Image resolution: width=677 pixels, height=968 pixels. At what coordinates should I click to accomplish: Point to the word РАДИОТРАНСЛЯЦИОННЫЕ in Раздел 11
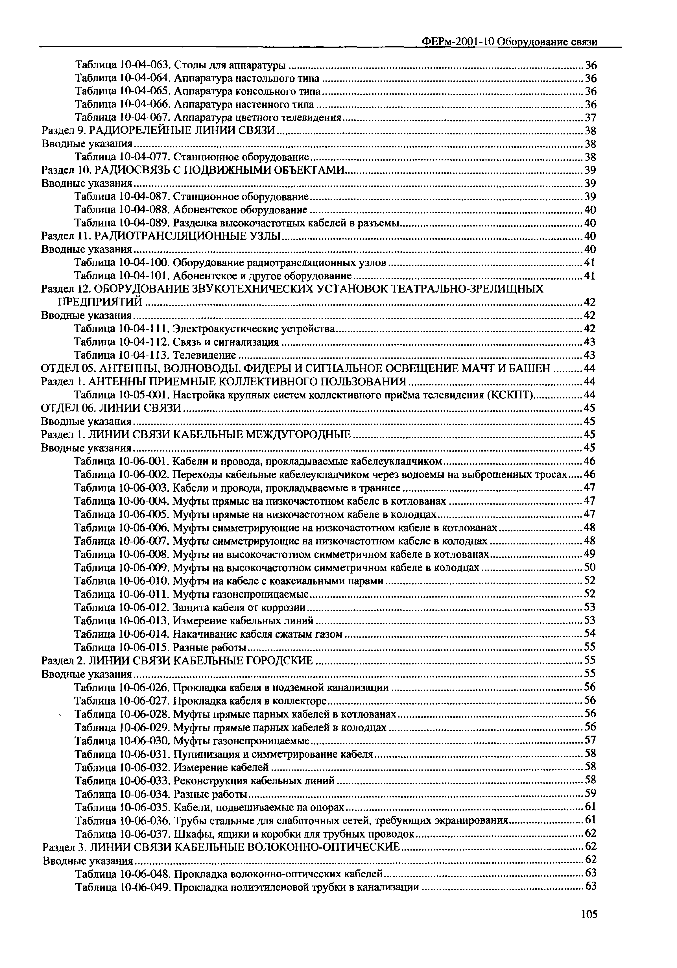(186, 236)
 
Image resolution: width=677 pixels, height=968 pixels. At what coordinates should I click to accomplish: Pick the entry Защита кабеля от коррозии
(239, 607)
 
